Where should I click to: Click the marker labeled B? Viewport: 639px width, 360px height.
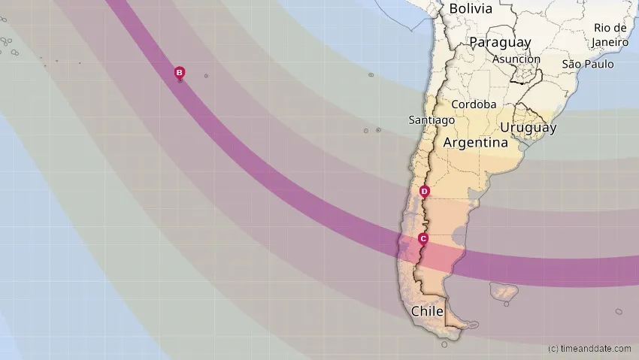coord(180,72)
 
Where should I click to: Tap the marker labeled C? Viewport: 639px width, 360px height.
coord(423,239)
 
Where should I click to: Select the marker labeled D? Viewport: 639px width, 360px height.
coord(425,191)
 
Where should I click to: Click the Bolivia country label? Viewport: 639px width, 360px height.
coord(471,9)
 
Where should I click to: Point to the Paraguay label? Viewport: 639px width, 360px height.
coord(500,43)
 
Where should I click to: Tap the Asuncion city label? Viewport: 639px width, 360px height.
coord(516,59)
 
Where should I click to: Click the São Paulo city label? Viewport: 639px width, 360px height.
coord(588,64)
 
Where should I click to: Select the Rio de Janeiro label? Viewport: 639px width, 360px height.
coord(610,35)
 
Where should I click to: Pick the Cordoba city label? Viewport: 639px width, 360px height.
coord(474,104)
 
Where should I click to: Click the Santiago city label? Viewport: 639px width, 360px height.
coord(432,119)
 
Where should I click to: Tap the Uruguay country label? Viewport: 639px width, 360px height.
coord(528,128)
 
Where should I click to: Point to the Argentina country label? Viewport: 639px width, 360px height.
coord(476,142)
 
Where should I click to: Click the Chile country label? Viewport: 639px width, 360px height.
coord(425,311)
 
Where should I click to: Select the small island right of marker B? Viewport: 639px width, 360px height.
coord(206,76)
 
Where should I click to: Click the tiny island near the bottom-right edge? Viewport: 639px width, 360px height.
coord(619,311)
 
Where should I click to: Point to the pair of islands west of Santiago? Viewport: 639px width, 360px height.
coord(371,131)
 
